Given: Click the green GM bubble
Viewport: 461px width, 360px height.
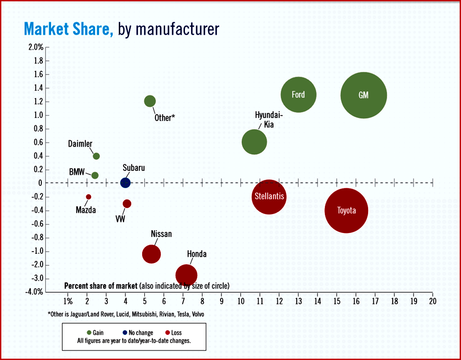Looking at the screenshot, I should (x=364, y=95).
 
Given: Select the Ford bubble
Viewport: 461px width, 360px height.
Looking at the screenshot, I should (x=299, y=94).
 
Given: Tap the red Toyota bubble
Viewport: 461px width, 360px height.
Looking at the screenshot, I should (x=346, y=211).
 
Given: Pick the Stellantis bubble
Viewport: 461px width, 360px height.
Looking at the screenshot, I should (x=269, y=197).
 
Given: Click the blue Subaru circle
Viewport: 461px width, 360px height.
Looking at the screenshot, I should (x=125, y=183).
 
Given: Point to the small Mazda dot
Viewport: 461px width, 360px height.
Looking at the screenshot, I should (x=89, y=197).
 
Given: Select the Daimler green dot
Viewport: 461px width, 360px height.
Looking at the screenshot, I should (x=96, y=156).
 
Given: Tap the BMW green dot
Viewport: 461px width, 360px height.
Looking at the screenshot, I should (x=95, y=175).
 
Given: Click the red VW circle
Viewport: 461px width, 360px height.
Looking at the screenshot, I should (x=127, y=204).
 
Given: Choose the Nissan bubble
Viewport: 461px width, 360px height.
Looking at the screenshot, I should (x=151, y=254).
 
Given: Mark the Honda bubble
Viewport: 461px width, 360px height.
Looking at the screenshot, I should (x=186, y=275).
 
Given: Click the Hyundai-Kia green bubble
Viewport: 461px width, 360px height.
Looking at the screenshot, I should (x=254, y=142).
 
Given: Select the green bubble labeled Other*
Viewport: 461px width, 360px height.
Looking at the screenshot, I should (x=150, y=101).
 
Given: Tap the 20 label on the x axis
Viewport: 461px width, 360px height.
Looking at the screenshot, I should (x=433, y=301).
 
